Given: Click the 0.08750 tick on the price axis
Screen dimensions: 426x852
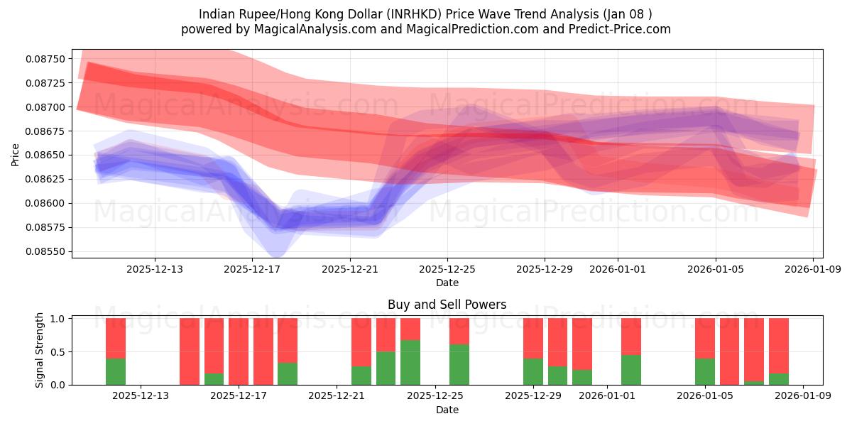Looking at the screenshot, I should [x=46, y=59].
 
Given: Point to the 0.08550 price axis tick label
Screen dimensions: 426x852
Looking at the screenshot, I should [x=46, y=251].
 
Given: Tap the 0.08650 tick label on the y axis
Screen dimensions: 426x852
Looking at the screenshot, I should [x=46, y=155].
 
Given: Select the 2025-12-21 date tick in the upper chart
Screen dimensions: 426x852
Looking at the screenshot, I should [x=349, y=269].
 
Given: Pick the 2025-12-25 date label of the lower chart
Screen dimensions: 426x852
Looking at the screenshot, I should [x=435, y=396].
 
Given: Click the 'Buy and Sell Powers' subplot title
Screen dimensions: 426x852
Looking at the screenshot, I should [x=447, y=305].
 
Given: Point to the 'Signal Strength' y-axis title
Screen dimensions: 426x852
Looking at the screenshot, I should [x=40, y=350].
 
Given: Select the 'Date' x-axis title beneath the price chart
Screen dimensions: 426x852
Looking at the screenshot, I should [x=447, y=283].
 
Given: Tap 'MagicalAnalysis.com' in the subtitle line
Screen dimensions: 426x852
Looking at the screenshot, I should [x=295, y=29].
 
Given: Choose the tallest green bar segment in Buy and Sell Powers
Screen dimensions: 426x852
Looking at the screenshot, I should [x=410, y=362].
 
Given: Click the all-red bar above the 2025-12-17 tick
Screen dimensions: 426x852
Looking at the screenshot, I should [x=239, y=351].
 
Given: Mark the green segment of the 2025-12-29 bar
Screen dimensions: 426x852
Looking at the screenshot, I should [x=533, y=371].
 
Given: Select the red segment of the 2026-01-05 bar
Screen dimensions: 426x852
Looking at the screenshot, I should [x=705, y=338].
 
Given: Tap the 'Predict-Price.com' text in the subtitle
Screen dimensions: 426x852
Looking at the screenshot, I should [x=623, y=29].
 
